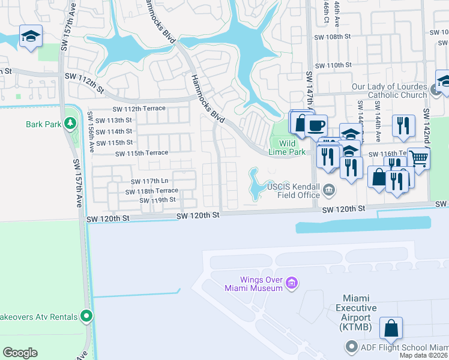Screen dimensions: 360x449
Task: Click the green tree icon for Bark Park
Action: (x=71, y=124)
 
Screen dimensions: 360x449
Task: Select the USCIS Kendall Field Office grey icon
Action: (x=328, y=191)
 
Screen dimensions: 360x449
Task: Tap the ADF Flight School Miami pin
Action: (x=351, y=347)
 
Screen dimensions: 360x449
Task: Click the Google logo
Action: (x=20, y=353)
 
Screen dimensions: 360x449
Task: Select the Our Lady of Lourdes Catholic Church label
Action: (x=389, y=91)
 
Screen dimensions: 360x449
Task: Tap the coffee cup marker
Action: (x=315, y=125)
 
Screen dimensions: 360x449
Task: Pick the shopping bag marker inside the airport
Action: (x=390, y=328)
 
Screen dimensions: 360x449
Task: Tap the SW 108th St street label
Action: (x=333, y=37)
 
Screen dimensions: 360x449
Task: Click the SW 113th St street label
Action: (x=113, y=120)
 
